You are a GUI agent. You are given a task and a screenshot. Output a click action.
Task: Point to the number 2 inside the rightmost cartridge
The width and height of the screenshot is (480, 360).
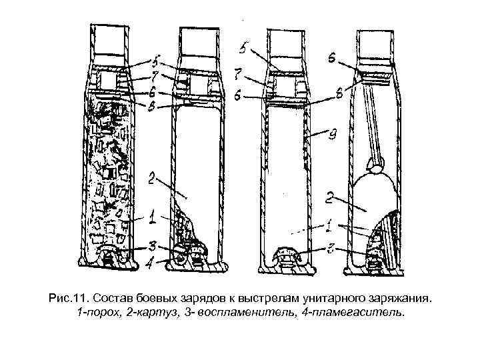pyautogui.click(x=329, y=198)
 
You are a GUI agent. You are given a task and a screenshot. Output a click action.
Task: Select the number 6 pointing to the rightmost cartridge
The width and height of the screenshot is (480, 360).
pyautogui.click(x=331, y=59)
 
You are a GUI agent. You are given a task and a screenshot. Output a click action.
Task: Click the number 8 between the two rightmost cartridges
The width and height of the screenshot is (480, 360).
pyautogui.click(x=339, y=95)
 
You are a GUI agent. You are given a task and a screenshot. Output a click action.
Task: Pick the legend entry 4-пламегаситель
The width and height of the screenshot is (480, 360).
pyautogui.click(x=349, y=312)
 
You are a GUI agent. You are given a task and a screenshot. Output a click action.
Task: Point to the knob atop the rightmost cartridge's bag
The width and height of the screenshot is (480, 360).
pyautogui.click(x=375, y=168)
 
